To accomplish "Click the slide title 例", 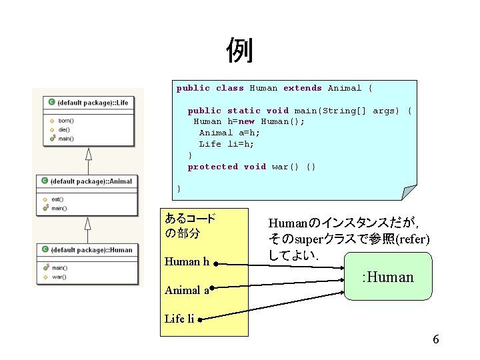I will click(x=239, y=51).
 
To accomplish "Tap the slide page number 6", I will click(x=435, y=340).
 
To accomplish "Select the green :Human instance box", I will click(x=387, y=276).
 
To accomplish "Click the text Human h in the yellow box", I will click(x=191, y=261).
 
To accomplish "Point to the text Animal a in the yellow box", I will click(x=187, y=290).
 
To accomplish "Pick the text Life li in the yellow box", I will click(x=179, y=319).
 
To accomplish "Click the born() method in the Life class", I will click(x=65, y=121).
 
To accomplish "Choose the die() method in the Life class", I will click(x=64, y=129).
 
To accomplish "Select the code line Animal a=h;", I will click(x=221, y=133).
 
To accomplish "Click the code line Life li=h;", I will click(x=227, y=144).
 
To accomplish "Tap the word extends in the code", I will click(x=302, y=88).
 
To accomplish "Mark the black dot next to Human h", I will click(x=216, y=264).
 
